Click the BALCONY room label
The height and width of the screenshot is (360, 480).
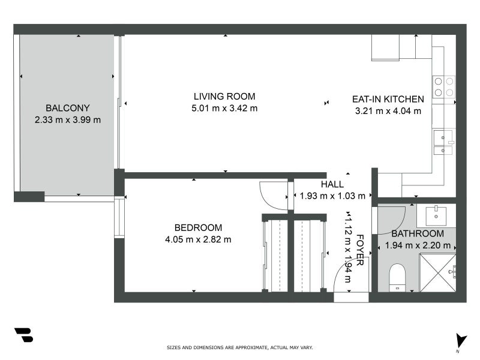pos(68,108)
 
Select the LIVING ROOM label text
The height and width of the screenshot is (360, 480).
pos(224,96)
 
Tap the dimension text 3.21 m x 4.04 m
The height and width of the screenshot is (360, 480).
pos(388,110)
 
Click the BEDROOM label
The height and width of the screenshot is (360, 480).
pos(198,227)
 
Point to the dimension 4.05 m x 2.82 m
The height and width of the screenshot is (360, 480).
pos(198,239)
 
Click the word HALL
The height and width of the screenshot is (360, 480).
pos(332,184)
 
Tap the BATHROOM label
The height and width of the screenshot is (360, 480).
pos(418,233)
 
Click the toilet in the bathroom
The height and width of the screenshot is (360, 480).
pos(397,277)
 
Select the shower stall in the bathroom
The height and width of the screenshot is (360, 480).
pos(437,272)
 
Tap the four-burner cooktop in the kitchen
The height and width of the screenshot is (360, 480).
pos(444,86)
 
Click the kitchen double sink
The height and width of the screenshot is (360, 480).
pos(443,143)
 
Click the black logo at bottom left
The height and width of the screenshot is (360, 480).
pos(23,335)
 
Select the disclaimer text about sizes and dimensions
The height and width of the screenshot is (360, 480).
pos(239,347)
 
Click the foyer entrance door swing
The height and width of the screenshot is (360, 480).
pos(342,277)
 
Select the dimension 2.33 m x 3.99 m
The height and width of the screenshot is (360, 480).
pos(68,119)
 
